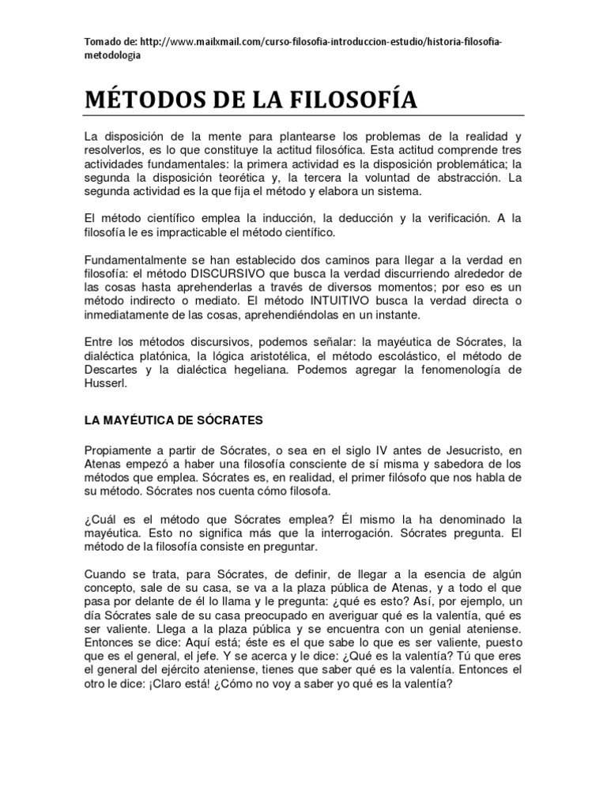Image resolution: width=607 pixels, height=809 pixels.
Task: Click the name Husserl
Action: [x=105, y=384]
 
